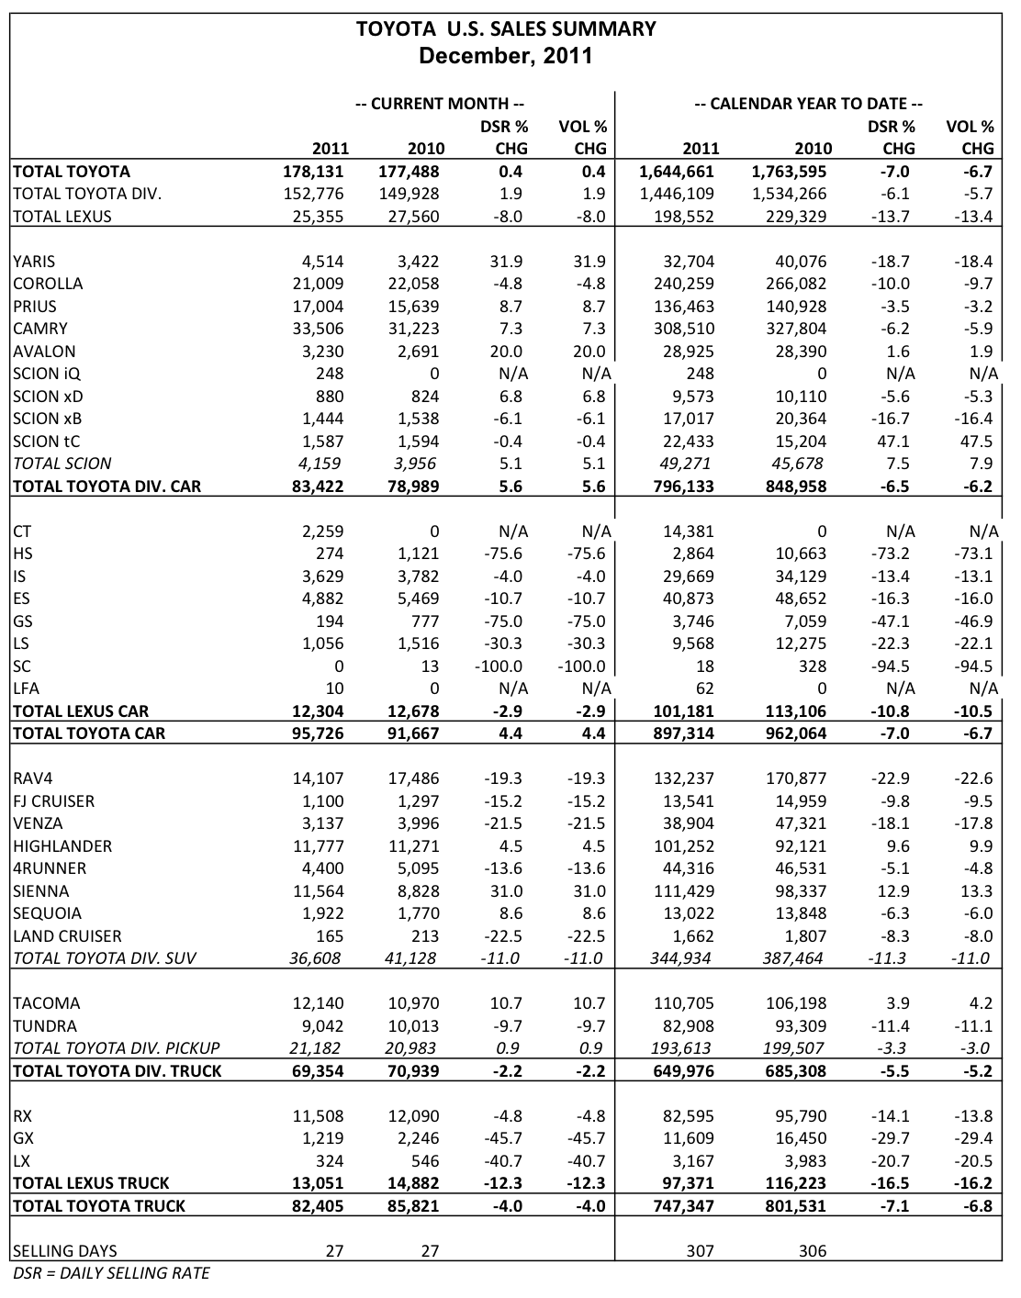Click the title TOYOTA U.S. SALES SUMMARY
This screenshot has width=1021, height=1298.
coord(506,29)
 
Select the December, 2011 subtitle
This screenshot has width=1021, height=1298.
coord(506,56)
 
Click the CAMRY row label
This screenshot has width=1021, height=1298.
coord(40,329)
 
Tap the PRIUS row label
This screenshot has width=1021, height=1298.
coord(35,307)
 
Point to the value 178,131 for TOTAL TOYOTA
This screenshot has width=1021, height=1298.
coord(314,172)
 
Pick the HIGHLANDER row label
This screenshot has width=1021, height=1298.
coord(62,846)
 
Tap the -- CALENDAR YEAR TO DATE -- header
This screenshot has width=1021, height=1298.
coord(808,104)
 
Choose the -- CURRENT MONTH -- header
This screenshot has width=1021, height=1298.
coord(440,104)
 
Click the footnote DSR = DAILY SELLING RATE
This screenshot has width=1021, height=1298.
coord(111,1273)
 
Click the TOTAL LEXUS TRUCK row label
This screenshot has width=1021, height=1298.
coord(91,1183)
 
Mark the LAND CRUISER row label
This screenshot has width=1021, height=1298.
coord(68,936)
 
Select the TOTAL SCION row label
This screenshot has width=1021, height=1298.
coord(62,464)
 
